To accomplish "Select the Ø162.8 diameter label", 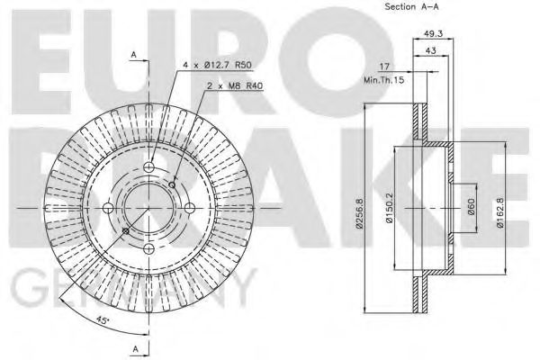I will click(501, 214).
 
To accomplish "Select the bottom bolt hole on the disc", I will click(148, 247).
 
